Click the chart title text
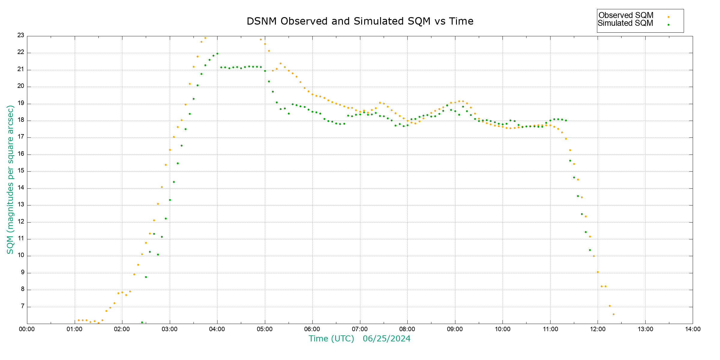click(x=360, y=21)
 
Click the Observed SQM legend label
click(x=626, y=15)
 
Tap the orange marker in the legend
click(x=668, y=17)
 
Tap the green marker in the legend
click(x=668, y=25)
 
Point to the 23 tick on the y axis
click(x=21, y=35)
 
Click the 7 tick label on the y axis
click(x=22, y=306)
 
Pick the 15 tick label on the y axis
click(x=21, y=171)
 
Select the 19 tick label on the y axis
click(x=21, y=103)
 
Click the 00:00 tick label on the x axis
click(x=27, y=329)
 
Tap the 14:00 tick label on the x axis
click(x=693, y=329)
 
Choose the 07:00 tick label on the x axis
click(x=360, y=329)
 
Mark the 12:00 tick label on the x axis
click(x=598, y=329)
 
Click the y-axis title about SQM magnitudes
click(x=10, y=179)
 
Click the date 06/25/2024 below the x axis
click(x=386, y=339)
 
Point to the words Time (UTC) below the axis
click(x=331, y=339)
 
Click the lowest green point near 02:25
click(x=142, y=322)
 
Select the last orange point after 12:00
click(x=613, y=314)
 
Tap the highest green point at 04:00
click(x=217, y=54)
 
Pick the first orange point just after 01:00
click(x=79, y=320)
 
